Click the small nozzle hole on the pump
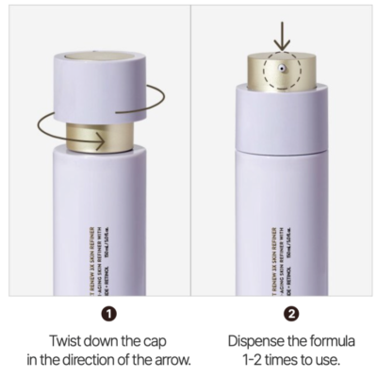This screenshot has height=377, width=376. [x=282, y=69]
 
